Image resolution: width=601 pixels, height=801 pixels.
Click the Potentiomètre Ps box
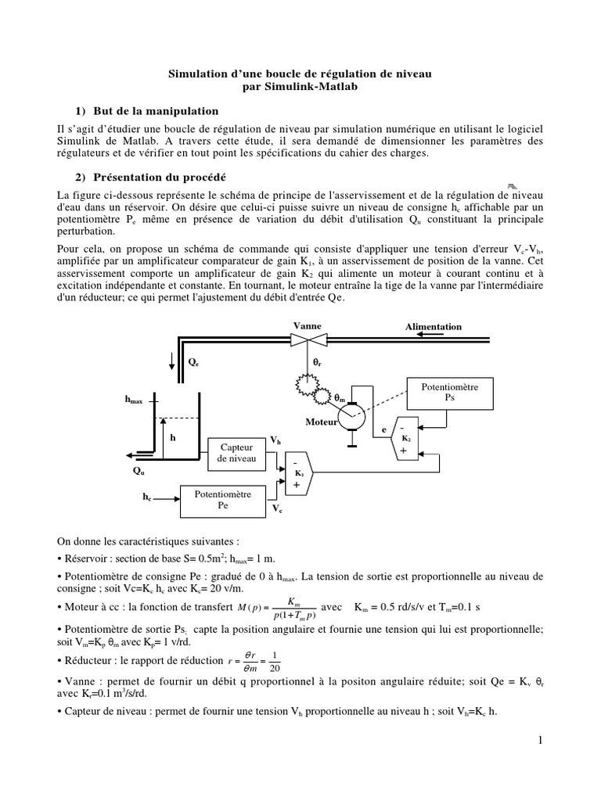coord(450,392)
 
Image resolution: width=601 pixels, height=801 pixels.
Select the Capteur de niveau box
coord(236,453)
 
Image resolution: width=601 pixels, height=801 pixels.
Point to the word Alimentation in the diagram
coord(434,327)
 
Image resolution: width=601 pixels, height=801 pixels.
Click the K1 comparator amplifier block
coord(298,473)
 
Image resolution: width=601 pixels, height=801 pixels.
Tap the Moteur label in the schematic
coord(322,422)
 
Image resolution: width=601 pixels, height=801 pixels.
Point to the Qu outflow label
coord(139,472)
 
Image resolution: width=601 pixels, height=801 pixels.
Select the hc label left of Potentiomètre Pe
coord(147,497)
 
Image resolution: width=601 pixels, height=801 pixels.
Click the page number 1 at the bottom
coord(540,740)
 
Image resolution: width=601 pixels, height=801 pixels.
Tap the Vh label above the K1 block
coord(275,440)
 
